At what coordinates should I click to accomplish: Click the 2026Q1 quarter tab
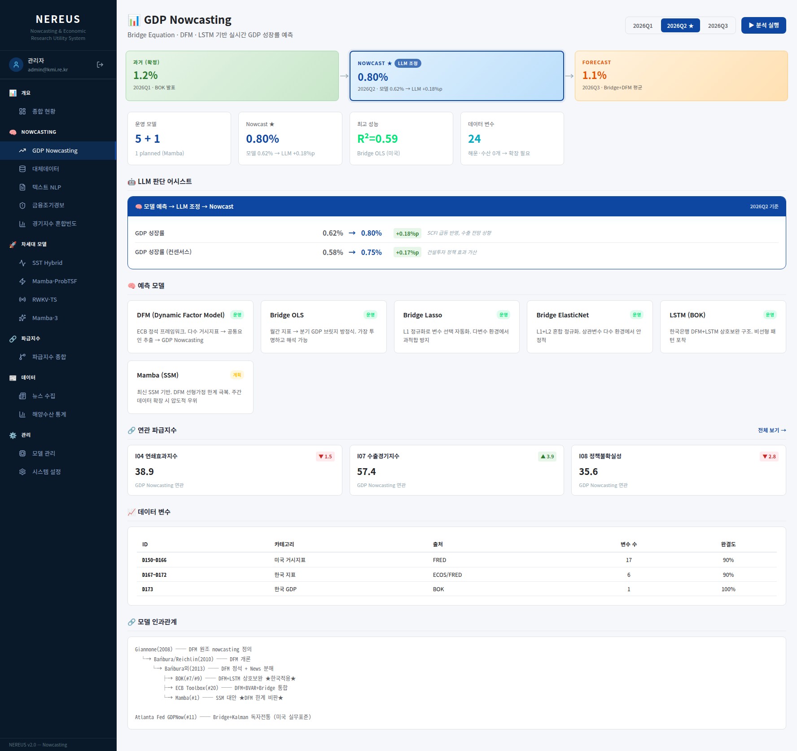(x=643, y=26)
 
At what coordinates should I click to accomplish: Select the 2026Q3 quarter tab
(x=718, y=26)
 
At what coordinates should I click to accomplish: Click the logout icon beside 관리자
(x=100, y=65)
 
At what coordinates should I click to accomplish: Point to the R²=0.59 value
(x=377, y=139)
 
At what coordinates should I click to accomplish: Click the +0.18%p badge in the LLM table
(x=407, y=233)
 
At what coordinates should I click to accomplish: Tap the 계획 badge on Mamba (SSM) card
(x=237, y=375)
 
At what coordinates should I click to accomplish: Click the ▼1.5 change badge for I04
(x=325, y=457)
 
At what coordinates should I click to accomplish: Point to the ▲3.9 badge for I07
(x=547, y=457)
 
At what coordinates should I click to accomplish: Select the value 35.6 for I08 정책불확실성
(x=588, y=472)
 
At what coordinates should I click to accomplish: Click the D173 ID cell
(x=148, y=589)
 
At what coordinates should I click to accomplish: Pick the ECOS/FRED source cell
(x=447, y=575)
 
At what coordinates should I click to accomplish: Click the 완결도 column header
(x=728, y=545)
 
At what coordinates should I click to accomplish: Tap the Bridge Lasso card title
(x=423, y=315)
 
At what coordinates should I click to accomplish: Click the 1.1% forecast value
(x=595, y=75)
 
